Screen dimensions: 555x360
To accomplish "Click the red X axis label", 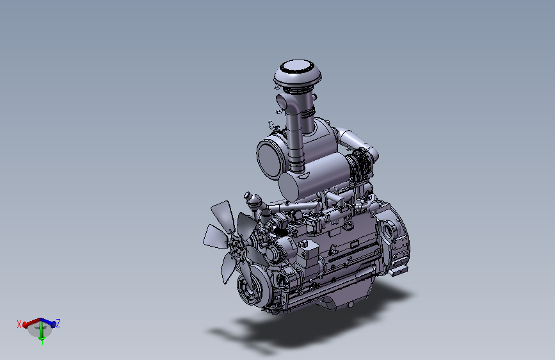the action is (19, 324).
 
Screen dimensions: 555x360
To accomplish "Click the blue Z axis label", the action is (58, 323).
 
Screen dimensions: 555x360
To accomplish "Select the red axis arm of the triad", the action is (32, 322).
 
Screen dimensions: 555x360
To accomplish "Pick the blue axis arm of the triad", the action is (48, 322).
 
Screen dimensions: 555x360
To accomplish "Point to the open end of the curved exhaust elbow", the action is (282, 102).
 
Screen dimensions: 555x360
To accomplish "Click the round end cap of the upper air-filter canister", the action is (270, 159).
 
